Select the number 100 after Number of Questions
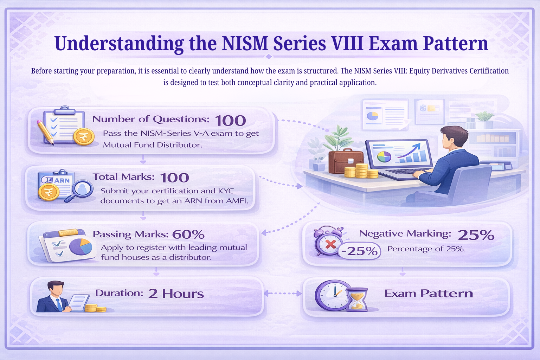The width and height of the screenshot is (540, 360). (x=230, y=121)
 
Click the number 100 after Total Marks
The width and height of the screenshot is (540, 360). (x=175, y=178)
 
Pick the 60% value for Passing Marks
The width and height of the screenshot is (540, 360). (x=188, y=234)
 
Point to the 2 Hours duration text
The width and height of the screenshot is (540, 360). (x=176, y=294)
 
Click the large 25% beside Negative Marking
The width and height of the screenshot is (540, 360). (x=476, y=235)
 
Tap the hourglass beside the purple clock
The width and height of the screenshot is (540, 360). (x=357, y=300)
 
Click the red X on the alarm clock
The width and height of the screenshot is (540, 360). (x=330, y=244)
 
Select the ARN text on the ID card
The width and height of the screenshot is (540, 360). (x=62, y=180)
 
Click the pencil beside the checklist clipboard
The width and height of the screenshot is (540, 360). (x=45, y=132)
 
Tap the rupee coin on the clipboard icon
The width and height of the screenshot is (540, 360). (x=84, y=137)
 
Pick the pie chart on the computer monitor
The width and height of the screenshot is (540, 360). (x=384, y=156)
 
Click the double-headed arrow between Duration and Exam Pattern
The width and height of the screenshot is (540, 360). (x=283, y=293)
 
